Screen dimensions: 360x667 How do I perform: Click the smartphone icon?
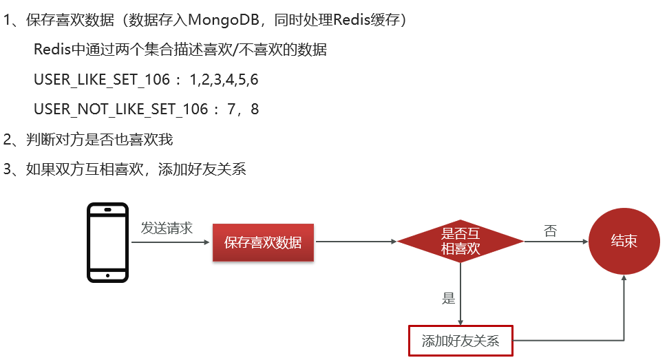pyautogui.click(x=107, y=242)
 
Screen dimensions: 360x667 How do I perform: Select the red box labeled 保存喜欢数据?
pyautogui.click(x=263, y=242)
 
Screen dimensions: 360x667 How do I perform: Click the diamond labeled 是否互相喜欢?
pyautogui.click(x=460, y=242)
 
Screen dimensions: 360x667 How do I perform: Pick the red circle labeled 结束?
pyautogui.click(x=624, y=242)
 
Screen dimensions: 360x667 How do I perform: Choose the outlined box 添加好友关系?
pyautogui.click(x=460, y=340)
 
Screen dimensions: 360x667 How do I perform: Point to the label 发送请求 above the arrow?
pyautogui.click(x=167, y=228)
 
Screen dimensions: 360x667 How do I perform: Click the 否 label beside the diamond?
pyautogui.click(x=550, y=231)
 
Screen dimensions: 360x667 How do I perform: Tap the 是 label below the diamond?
pyautogui.click(x=449, y=298)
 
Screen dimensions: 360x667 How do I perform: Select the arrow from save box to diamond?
pyautogui.click(x=355, y=242)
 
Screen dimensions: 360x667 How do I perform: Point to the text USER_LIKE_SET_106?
pyautogui.click(x=101, y=80)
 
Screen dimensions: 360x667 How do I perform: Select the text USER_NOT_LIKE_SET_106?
pyautogui.click(x=120, y=109)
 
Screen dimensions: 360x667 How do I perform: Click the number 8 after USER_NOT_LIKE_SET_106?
pyautogui.click(x=255, y=109)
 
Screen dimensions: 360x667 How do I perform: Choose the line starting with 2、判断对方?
pyautogui.click(x=88, y=140)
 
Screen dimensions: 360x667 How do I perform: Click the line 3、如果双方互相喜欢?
pyautogui.click(x=125, y=169)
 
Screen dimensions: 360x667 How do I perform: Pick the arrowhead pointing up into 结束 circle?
pyautogui.click(x=624, y=277)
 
